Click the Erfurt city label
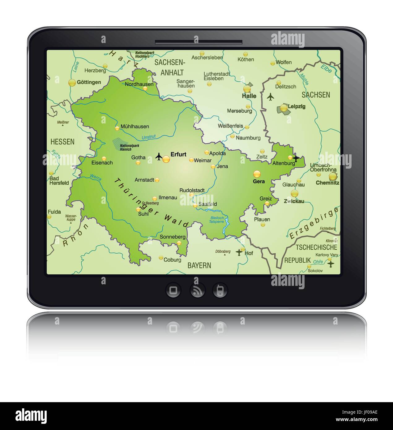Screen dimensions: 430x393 click(179, 154)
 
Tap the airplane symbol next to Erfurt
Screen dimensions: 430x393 click(159, 157)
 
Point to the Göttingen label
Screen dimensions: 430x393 click(89, 82)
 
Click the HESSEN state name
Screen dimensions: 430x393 click(62, 142)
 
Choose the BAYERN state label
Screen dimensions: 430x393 click(199, 265)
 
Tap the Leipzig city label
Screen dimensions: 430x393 click(296, 106)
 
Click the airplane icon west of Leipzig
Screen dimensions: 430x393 click(271, 97)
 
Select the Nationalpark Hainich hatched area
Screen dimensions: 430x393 click(117, 144)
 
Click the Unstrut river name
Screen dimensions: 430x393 click(149, 137)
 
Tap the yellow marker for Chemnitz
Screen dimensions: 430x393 click(333, 177)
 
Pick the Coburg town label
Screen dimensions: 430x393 click(172, 260)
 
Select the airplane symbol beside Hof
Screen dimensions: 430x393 click(239, 252)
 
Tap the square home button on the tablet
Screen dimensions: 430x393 click(173, 290)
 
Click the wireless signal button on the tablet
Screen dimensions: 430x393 click(197, 290)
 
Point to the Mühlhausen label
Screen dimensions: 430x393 click(135, 127)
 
